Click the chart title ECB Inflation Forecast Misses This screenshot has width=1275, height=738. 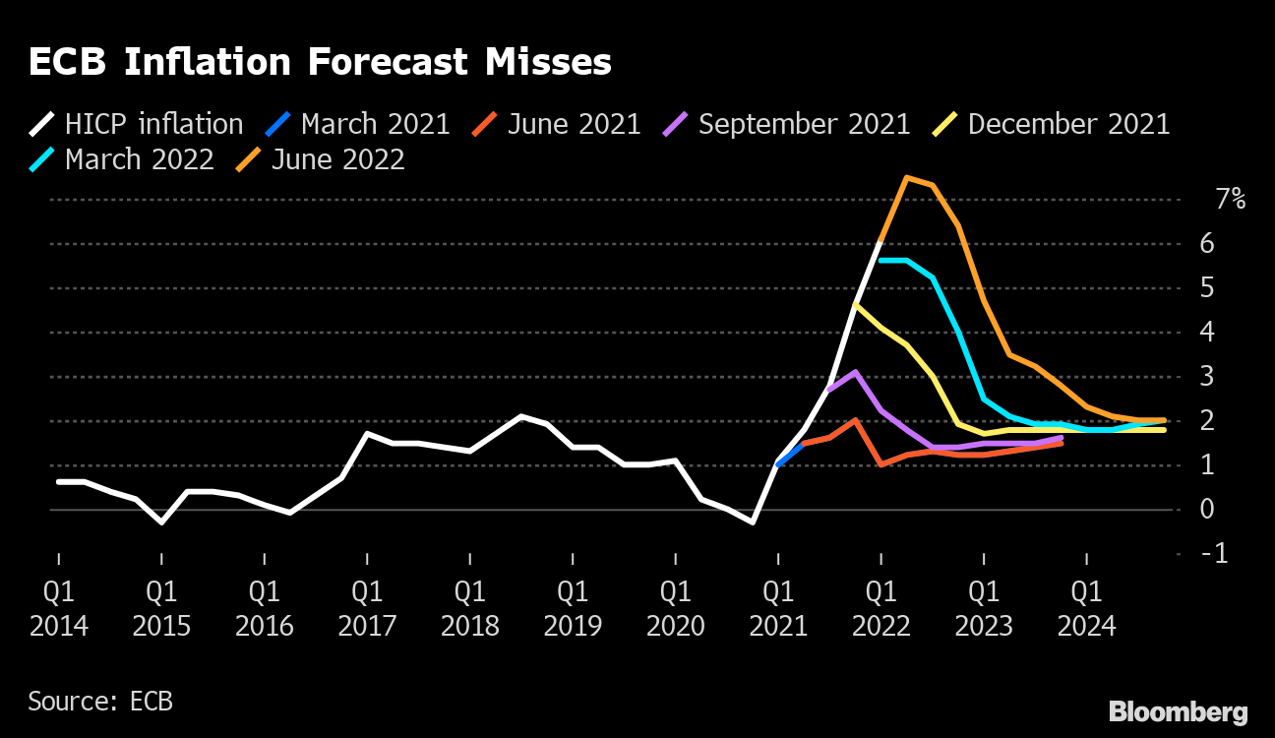(320, 63)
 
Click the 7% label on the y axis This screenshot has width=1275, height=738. (1230, 200)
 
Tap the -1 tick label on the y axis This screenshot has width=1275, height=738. (1215, 554)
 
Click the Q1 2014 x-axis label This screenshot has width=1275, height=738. (59, 608)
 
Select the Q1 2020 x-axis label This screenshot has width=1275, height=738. (676, 608)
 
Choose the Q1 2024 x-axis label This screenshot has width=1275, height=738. (1086, 608)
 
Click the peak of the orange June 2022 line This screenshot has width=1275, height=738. (906, 178)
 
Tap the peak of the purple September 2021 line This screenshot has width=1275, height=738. (856, 372)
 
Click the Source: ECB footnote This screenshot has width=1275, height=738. (100, 702)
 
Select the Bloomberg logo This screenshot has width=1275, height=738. (1178, 711)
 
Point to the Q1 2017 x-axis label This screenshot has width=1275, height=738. (367, 608)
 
